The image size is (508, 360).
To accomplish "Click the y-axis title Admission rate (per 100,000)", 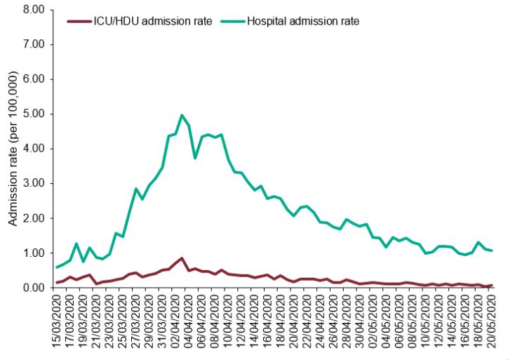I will pyautogui.click(x=13, y=149).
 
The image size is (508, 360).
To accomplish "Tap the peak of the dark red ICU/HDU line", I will pyautogui.click(x=182, y=258).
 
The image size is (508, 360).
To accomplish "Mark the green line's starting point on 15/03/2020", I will pyautogui.click(x=57, y=267).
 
